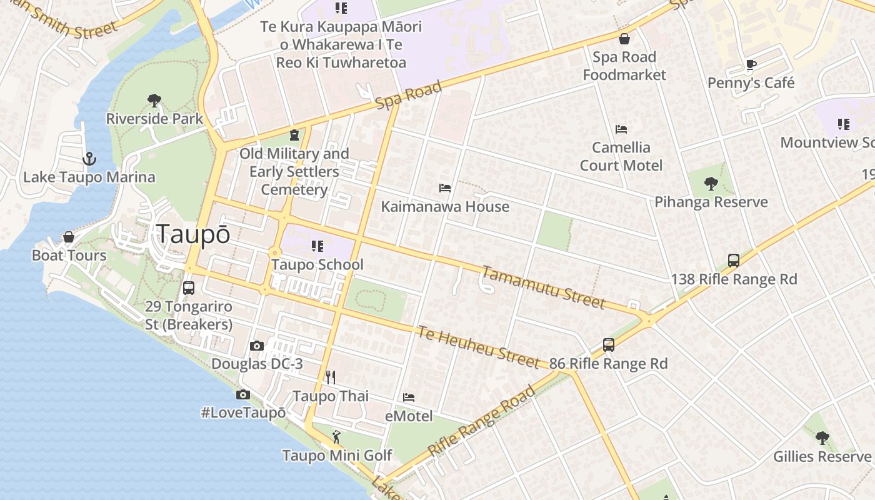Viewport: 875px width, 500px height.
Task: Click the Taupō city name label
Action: click(x=193, y=234)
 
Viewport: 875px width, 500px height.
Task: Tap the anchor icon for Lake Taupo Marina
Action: click(x=89, y=159)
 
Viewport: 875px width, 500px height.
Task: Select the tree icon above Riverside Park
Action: click(x=154, y=100)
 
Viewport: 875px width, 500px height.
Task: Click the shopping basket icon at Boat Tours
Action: click(x=69, y=237)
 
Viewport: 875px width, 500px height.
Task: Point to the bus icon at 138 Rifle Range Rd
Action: click(x=734, y=261)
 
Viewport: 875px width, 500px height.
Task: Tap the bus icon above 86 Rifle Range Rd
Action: click(x=609, y=344)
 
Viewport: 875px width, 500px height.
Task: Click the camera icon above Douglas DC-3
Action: click(x=256, y=346)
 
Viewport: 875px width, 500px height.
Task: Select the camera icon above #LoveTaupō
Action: click(x=243, y=394)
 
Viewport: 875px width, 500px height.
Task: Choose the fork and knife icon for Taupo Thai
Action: click(x=331, y=377)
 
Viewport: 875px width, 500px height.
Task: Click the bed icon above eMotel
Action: click(x=409, y=397)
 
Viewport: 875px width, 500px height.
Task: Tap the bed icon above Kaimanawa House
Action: click(x=445, y=188)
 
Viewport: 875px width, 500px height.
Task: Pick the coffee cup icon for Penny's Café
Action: click(x=751, y=64)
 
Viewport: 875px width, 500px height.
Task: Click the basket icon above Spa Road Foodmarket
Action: click(x=624, y=39)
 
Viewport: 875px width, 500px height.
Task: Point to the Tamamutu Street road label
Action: click(x=543, y=287)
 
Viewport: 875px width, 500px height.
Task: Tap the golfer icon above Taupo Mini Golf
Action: click(x=337, y=436)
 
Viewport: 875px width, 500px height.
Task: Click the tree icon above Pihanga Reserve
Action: click(x=711, y=183)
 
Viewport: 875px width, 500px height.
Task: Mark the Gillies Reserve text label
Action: click(x=822, y=456)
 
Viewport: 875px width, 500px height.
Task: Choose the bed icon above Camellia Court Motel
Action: click(x=621, y=129)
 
